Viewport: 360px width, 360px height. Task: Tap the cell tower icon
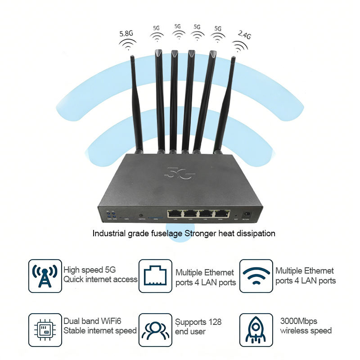(45, 276)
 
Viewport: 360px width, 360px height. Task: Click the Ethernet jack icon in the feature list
(155, 276)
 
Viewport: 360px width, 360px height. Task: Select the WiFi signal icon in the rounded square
(256, 276)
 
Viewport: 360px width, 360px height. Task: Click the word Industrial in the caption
(108, 234)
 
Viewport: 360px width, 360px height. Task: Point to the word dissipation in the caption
(256, 234)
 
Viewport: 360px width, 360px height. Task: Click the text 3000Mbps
(299, 321)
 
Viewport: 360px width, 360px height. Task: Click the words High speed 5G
(90, 270)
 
